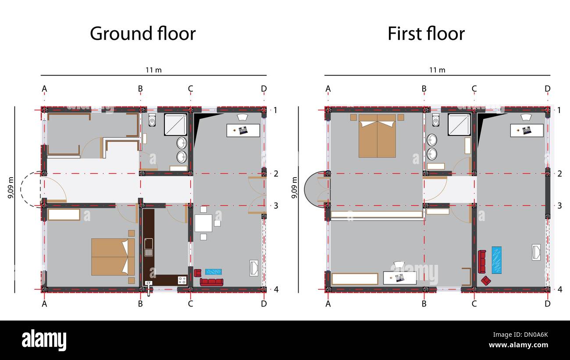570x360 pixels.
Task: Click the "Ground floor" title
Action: tap(142, 34)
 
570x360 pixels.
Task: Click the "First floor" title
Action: tap(426, 34)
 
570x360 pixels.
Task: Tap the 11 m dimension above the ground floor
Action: tap(150, 70)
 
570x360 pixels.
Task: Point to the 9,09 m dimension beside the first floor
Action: tap(294, 188)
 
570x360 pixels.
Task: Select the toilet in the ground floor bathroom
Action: tap(152, 120)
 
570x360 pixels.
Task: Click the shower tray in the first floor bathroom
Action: tap(459, 125)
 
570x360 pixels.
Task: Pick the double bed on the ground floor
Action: tap(113, 257)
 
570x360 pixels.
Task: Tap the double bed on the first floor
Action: tap(377, 136)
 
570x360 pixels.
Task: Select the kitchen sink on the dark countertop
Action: tap(149, 247)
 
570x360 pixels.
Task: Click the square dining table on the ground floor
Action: tap(203, 224)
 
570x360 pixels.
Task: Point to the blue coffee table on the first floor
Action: tap(497, 260)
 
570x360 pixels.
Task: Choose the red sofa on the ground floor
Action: tap(211, 282)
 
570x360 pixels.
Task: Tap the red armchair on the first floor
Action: tap(486, 281)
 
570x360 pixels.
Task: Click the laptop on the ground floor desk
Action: tap(243, 130)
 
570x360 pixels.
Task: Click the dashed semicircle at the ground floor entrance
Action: tap(31, 189)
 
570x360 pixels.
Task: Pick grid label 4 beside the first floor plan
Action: tap(560, 289)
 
